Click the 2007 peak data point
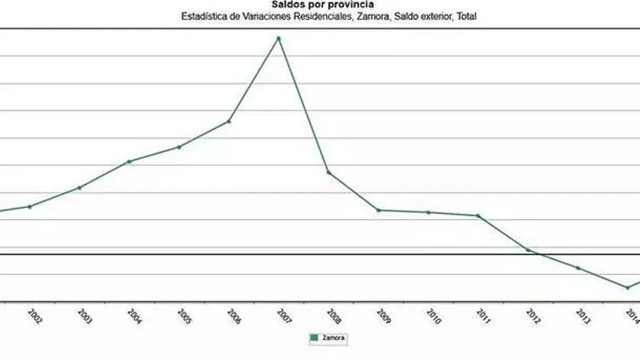(279, 38)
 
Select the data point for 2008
(329, 172)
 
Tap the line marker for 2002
(30, 207)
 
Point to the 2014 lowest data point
(628, 287)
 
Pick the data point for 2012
(528, 249)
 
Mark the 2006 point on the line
(229, 121)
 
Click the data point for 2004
(129, 161)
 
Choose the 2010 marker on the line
(428, 212)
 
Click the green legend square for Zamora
(315, 337)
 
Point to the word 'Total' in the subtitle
(466, 16)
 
